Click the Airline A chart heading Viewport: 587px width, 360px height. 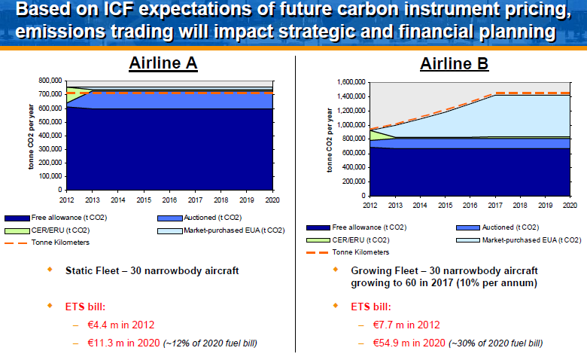coord(163,63)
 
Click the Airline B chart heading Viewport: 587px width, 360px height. coord(455,63)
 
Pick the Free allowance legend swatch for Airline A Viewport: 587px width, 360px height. coord(16,218)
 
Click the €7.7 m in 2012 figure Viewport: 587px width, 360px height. coord(406,325)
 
